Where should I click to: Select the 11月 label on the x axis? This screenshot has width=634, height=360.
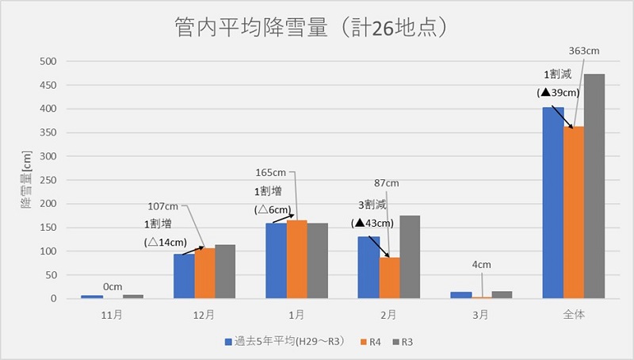[113, 315]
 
